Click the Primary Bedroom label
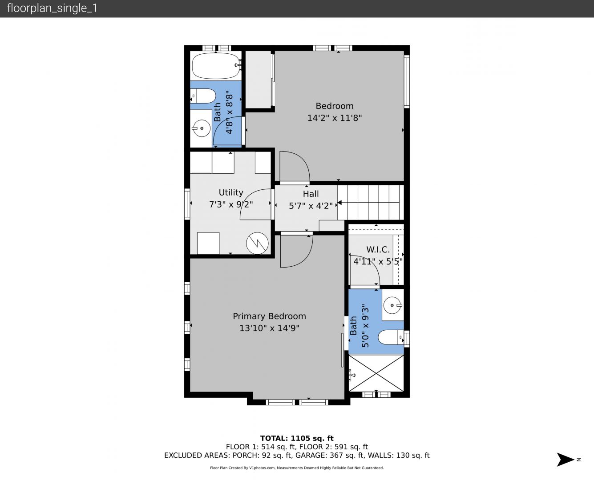coord(269,316)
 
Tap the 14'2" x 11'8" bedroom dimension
coord(334,118)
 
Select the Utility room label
coord(230,192)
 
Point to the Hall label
coord(311,194)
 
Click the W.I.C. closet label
coord(378,249)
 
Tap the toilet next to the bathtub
coord(203,96)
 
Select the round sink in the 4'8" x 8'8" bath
coord(202,128)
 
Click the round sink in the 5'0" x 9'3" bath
coord(392,305)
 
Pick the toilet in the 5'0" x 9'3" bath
coord(391,337)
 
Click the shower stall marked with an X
coord(376,373)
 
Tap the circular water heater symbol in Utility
coord(257,243)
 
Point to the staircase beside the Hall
coord(371,202)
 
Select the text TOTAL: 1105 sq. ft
coord(297,438)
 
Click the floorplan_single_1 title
coord(52,8)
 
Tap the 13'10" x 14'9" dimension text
coord(269,328)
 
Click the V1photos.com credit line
coord(297,468)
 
